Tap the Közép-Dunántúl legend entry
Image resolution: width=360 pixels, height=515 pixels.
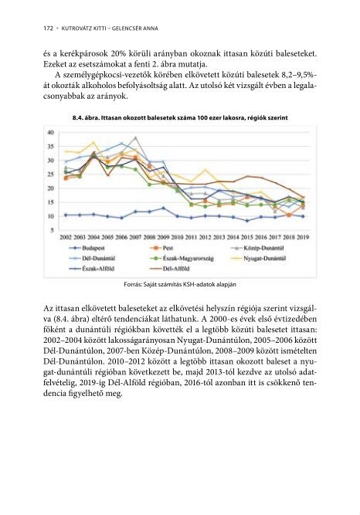click(x=258, y=248)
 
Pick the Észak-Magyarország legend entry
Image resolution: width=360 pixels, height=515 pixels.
click(x=182, y=258)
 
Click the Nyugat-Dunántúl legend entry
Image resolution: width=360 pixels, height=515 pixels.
click(x=259, y=258)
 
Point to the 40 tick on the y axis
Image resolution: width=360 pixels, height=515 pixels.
click(x=50, y=132)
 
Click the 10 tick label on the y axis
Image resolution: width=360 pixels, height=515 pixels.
click(x=50, y=216)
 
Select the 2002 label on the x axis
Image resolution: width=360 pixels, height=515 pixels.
click(x=66, y=237)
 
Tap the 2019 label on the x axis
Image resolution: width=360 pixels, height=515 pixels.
click(x=303, y=237)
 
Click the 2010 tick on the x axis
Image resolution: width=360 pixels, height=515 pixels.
click(x=177, y=237)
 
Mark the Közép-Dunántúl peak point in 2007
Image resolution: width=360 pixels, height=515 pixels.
click(x=135, y=138)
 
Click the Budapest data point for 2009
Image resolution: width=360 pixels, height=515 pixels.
click(x=164, y=208)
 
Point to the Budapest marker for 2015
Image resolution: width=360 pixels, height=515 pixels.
click(x=247, y=221)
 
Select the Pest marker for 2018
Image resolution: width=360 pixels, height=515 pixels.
click(x=289, y=215)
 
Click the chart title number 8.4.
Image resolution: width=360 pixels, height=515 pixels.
click(x=77, y=117)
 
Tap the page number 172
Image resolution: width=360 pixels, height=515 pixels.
click(x=48, y=29)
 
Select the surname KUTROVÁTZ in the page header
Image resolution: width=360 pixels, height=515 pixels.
click(x=75, y=29)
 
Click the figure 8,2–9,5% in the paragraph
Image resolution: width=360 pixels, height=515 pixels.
click(x=299, y=76)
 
